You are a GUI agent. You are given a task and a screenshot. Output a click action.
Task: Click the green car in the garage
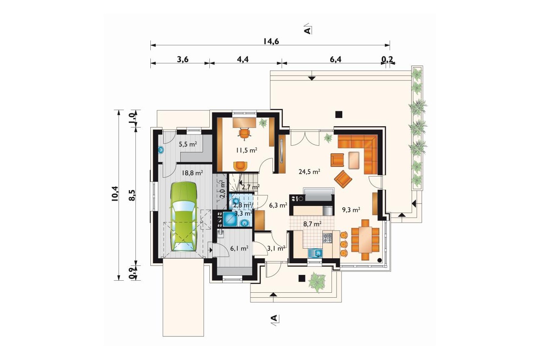coord(184,217)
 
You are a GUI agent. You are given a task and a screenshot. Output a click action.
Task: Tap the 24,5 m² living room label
coord(309,171)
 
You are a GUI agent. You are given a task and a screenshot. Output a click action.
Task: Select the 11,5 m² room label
coord(246,150)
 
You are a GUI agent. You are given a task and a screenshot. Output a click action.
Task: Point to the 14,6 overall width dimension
coord(271,42)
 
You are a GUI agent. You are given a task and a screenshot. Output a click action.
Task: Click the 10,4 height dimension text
coord(115,194)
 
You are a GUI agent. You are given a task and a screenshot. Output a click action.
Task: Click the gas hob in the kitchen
coord(327,238)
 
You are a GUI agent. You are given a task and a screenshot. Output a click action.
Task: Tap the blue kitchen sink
coord(316,253)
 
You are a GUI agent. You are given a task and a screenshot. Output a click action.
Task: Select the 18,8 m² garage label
coord(192,173)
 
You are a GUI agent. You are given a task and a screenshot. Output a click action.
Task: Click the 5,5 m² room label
coord(188,144)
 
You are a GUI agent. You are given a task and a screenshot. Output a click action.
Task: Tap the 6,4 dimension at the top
coord(336,59)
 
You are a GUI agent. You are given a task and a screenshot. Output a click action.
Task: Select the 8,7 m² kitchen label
coord(312,224)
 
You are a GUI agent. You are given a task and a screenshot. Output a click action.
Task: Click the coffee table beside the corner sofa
coord(354,160)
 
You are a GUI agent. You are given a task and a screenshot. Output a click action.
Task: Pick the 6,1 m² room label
coord(239,248)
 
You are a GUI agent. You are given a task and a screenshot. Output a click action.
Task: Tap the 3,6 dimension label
coord(183,59)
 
